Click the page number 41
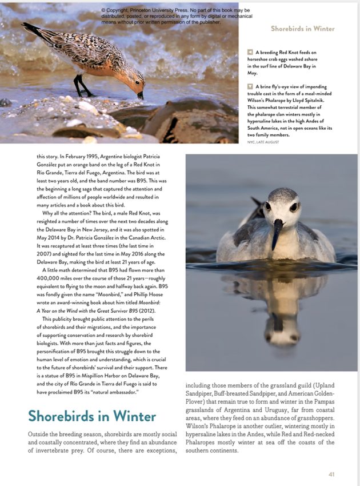(x=331, y=474)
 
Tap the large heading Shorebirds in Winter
(x=91, y=416)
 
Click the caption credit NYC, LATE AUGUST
(x=263, y=142)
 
